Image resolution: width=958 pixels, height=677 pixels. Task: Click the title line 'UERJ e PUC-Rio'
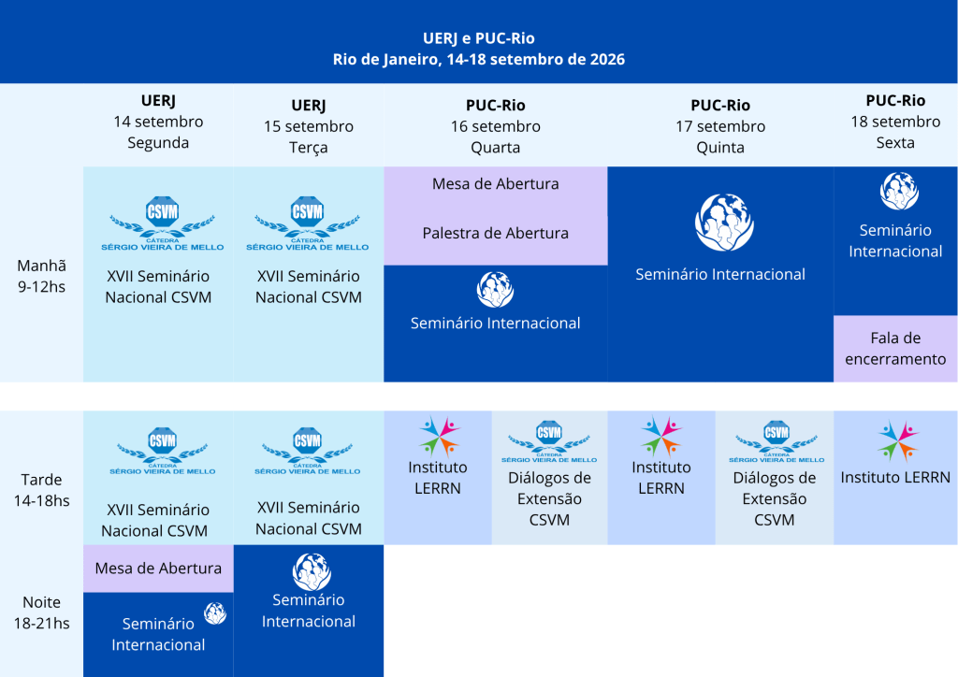point(478,38)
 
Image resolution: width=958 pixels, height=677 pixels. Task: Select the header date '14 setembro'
point(158,122)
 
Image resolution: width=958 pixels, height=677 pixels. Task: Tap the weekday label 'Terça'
point(309,148)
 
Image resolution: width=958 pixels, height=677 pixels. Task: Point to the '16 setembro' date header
point(496,126)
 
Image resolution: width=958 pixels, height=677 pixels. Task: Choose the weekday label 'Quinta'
point(720,148)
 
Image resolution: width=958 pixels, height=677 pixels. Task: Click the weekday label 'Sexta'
point(895,143)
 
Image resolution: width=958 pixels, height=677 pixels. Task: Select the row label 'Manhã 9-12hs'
point(41,276)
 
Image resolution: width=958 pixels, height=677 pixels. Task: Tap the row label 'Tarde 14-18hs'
point(41,490)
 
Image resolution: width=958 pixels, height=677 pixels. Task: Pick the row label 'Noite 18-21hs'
point(41,612)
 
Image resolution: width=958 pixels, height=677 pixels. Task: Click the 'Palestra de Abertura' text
point(496,233)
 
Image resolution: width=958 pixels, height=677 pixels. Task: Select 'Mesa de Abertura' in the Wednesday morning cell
point(496,184)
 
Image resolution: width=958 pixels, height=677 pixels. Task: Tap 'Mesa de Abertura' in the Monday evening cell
point(158,569)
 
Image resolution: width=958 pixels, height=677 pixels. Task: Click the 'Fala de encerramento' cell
point(895,349)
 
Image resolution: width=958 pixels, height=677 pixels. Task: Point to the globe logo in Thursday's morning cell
point(724,223)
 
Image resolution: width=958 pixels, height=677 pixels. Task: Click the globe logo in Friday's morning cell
point(899,191)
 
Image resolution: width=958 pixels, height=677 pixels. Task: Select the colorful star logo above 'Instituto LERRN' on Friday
point(897,440)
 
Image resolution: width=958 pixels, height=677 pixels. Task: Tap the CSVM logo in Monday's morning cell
point(162,223)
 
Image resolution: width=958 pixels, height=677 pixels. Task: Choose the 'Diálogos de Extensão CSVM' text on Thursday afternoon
point(774,498)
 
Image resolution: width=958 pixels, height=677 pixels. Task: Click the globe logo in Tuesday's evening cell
point(312,572)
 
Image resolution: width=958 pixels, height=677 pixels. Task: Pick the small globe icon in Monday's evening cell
point(215,613)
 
